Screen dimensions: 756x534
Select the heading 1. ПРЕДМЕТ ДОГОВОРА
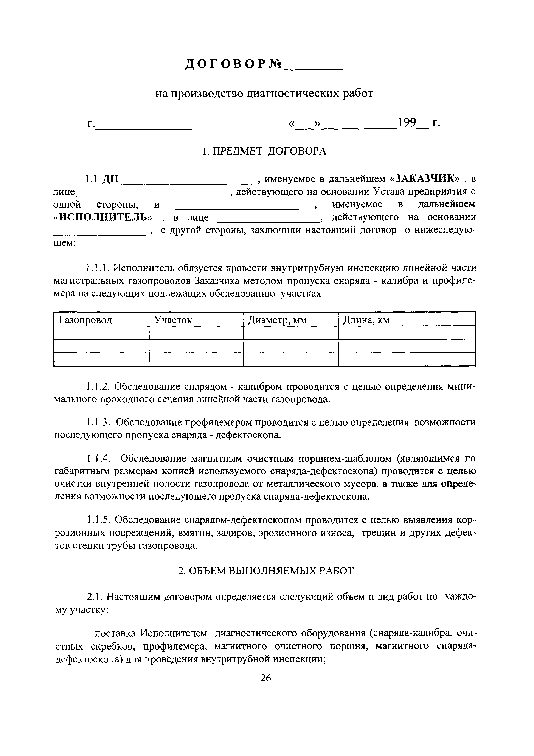pos(264,151)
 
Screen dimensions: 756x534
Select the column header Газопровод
pos(85,320)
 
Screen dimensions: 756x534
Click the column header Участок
pos(173,320)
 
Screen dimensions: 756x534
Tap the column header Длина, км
pos(366,320)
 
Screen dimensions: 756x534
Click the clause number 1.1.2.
pos(98,386)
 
